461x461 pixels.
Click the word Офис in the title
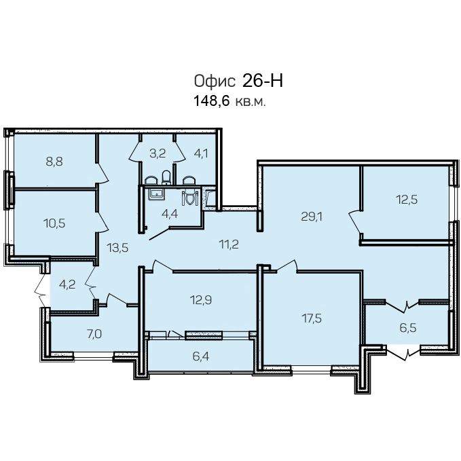[x=215, y=81]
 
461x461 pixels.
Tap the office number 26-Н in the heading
[x=263, y=81]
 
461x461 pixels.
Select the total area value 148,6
[x=211, y=101]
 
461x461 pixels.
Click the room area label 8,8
[x=54, y=162]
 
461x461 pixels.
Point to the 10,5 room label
[x=54, y=223]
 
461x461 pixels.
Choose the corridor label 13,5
[x=117, y=248]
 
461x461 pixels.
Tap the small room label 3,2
[x=158, y=153]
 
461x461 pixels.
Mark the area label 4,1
[x=201, y=153]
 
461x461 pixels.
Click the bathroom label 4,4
[x=170, y=214]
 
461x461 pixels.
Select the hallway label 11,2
[x=229, y=244]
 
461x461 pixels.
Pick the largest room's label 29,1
[x=312, y=217]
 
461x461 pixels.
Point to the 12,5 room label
[x=407, y=200]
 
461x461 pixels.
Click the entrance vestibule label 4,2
[x=67, y=284]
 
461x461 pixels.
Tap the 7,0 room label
[x=94, y=334]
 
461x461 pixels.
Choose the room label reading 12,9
[x=201, y=300]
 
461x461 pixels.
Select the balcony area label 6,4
[x=201, y=356]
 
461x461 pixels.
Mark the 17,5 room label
[x=312, y=318]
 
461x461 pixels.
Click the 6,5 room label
[x=408, y=327]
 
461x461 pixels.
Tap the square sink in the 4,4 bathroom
[x=157, y=194]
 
